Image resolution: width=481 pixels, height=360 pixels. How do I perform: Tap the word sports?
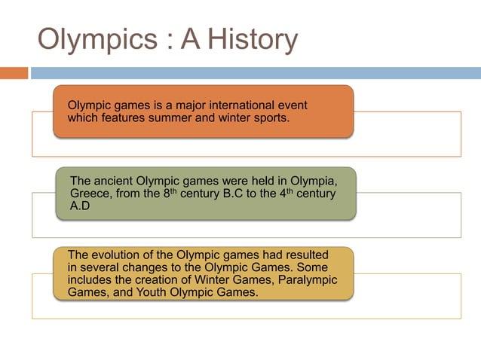coord(268,117)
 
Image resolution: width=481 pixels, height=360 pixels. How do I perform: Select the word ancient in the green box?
coord(111,182)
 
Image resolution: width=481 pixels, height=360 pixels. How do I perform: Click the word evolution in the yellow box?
coord(115,255)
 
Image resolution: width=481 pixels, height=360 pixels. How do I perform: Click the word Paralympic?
coord(308,279)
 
